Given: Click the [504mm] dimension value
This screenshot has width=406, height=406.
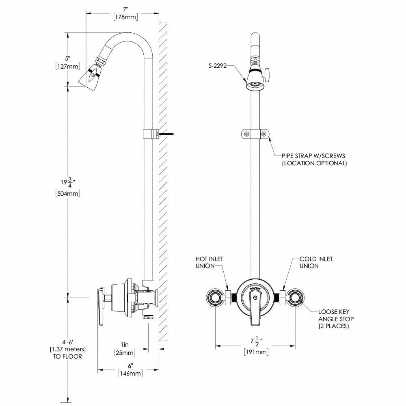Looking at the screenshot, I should [x=67, y=194].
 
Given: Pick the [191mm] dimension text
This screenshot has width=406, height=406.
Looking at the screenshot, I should [x=257, y=352].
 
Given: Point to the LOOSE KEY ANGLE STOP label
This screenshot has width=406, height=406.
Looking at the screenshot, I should [x=333, y=319].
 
